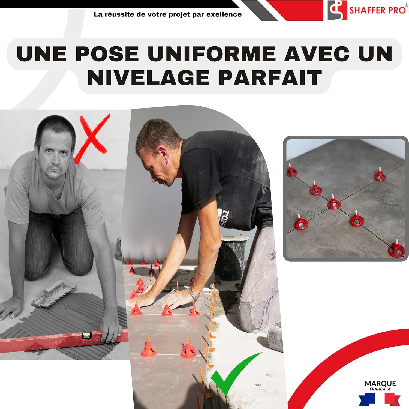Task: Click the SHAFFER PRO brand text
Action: point(378,10)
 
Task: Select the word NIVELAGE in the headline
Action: point(149,78)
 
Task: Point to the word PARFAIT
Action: point(270,78)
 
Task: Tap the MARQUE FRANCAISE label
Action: point(380,385)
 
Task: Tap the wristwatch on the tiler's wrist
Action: point(194,294)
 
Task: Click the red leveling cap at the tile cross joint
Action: point(333,203)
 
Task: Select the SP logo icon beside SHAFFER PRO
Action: point(337,10)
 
